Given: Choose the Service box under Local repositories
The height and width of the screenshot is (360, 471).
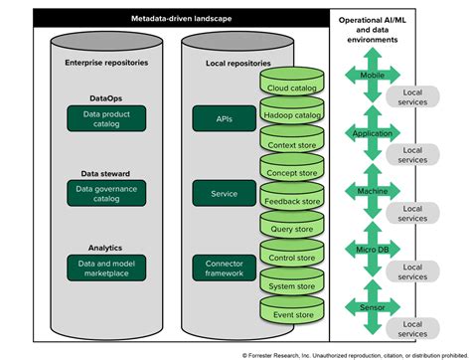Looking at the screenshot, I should click(224, 193).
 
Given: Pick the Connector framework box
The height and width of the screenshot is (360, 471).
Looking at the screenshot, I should click(224, 267).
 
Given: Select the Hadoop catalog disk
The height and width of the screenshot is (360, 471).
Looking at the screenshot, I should click(293, 115).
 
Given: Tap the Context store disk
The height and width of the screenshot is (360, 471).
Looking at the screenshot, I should click(293, 144).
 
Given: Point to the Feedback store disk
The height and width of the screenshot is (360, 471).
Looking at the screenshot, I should click(293, 201).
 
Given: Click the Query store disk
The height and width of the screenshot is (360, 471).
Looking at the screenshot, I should click(293, 229).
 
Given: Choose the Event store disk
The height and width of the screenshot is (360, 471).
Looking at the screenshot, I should click(293, 314).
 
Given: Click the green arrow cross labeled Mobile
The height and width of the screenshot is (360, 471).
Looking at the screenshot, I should click(368, 75).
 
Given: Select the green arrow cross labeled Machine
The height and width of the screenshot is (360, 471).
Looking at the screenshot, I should click(368, 190).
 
